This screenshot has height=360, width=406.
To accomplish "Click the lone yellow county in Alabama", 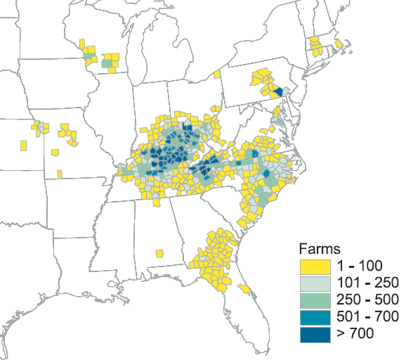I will point(159,253).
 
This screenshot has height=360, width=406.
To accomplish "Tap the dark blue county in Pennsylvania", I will point(278,91).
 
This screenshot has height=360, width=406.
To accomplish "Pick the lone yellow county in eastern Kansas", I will point(24,145).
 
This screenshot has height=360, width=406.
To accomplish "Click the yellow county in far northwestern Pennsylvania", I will point(218,74).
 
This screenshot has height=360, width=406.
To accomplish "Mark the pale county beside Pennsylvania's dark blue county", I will point(285,90).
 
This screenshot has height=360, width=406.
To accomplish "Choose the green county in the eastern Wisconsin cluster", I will point(107,63).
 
